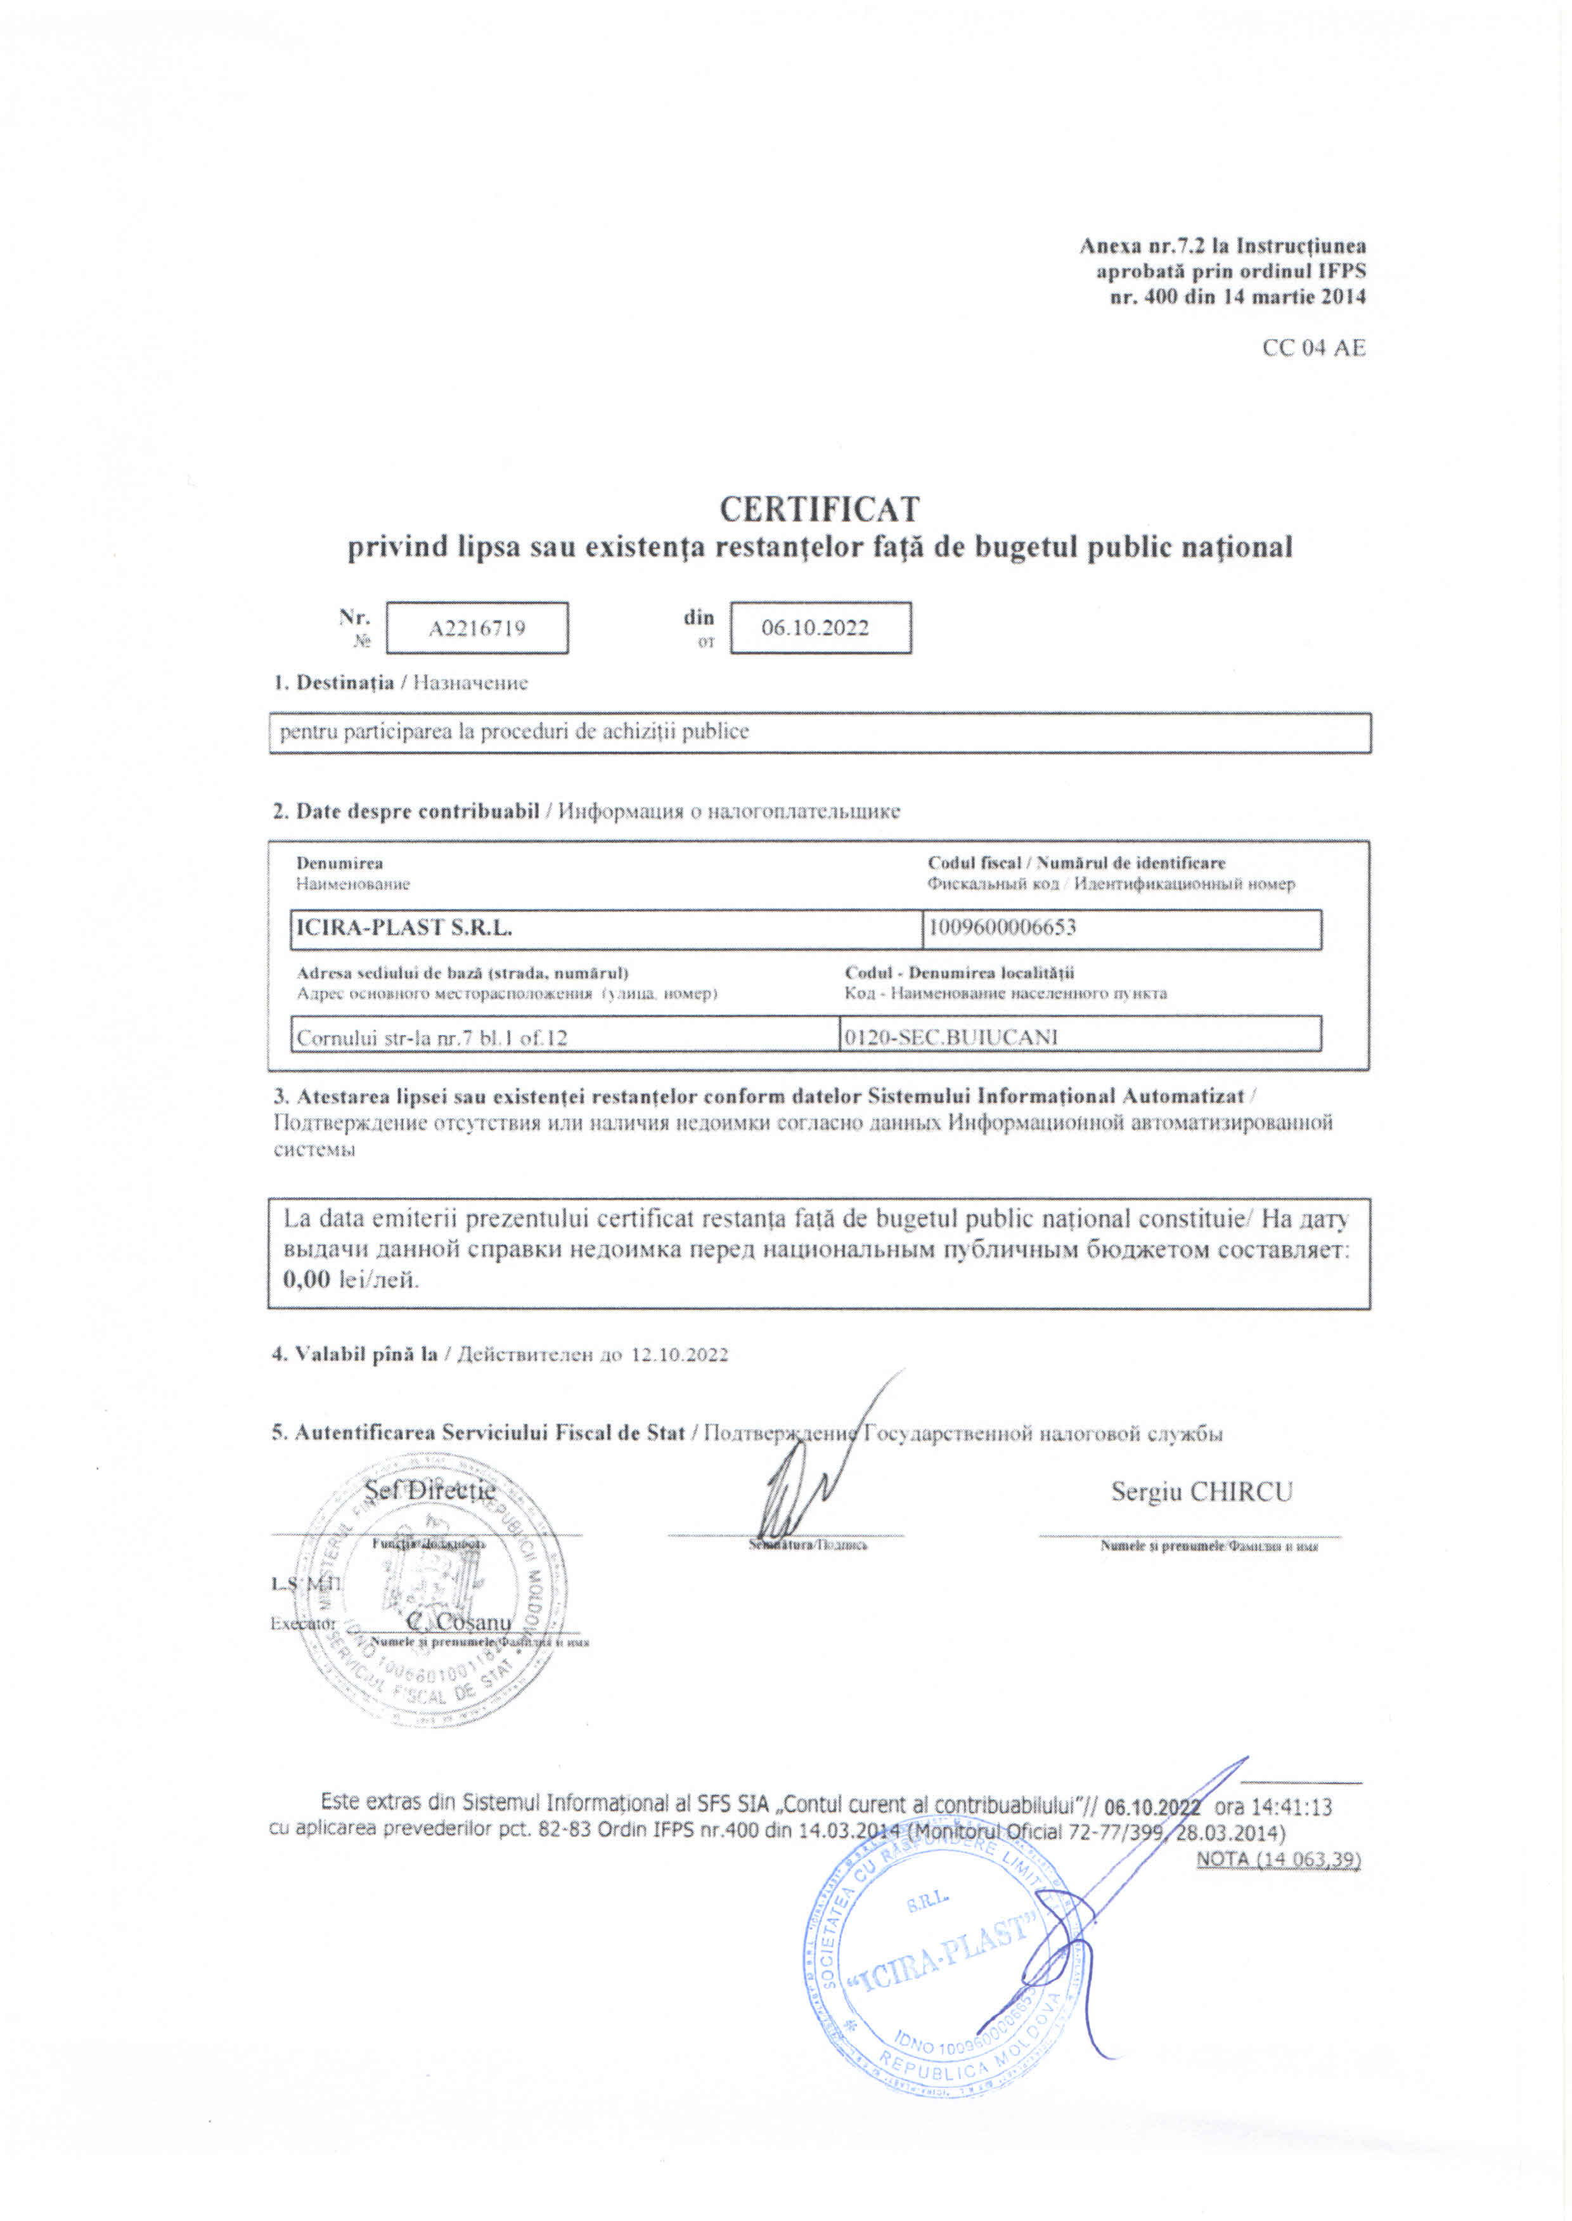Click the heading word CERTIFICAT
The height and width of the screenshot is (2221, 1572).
819,508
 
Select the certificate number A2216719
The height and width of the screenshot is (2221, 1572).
477,628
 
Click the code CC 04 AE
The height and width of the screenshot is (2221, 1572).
1313,349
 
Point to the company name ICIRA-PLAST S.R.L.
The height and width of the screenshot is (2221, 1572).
404,928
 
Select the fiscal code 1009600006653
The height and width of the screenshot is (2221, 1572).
1002,928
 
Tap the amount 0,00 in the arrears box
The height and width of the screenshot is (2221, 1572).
307,1278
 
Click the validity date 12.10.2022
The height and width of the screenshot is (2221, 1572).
680,1354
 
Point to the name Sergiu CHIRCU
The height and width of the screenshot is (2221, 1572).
1201,1491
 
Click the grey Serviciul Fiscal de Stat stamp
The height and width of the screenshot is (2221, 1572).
431,1597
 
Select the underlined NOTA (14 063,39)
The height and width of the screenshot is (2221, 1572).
1279,1859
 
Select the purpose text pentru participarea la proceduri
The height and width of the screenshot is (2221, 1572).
513,731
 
